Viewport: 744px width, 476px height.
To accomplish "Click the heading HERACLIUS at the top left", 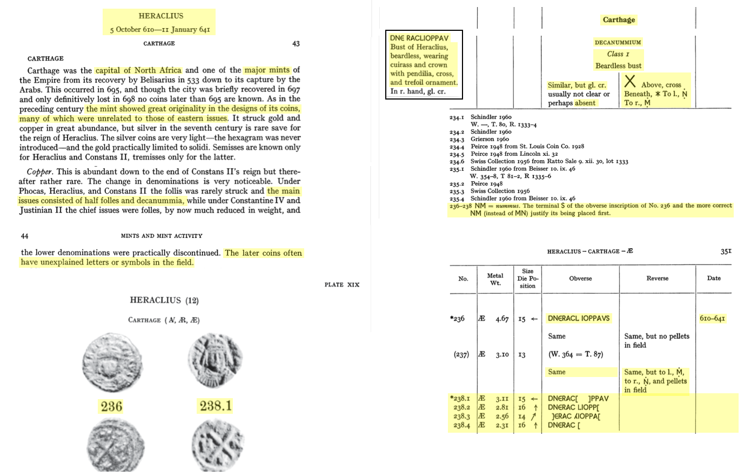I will tap(160, 16).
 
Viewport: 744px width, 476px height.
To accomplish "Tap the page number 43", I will tap(296, 44).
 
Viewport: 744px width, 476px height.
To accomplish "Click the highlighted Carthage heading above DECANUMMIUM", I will tap(619, 20).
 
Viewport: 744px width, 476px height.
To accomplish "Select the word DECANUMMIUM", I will tap(618, 42).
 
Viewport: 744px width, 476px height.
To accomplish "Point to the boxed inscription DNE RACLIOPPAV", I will tap(419, 38).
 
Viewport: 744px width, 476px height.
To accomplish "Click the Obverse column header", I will tap(580, 279).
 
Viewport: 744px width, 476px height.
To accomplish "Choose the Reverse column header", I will tap(657, 279).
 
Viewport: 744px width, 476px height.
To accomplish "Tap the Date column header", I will tap(713, 279).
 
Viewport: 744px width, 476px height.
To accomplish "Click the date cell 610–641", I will tap(712, 319).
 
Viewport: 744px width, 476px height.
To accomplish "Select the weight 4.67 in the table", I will tap(501, 319).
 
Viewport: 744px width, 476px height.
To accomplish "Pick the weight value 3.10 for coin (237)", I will tap(501, 355).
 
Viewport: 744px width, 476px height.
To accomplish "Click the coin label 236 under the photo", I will tap(111, 407).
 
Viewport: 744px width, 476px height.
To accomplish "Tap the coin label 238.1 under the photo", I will tap(216, 406).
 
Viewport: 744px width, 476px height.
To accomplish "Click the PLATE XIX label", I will tap(341, 285).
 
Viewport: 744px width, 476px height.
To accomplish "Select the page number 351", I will tap(726, 252).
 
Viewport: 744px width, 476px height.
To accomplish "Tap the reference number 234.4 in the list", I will tap(457, 147).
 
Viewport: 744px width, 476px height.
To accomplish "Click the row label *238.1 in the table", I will tap(460, 399).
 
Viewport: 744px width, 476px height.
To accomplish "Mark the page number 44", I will tap(24, 236).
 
